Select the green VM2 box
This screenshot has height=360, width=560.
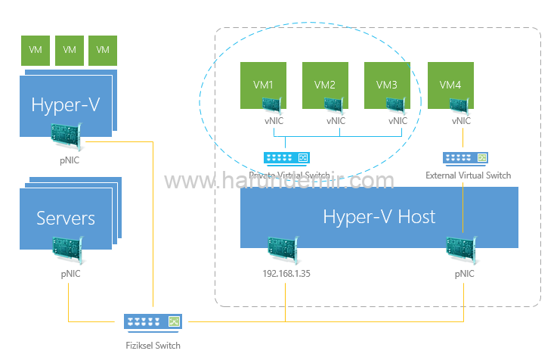click(x=325, y=83)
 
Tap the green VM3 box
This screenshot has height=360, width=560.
click(x=387, y=83)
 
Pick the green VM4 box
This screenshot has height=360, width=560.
click(x=450, y=83)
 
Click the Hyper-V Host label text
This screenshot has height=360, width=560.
click(x=379, y=217)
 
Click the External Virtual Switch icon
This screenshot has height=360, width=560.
click(x=464, y=158)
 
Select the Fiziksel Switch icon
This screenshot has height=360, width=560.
click(x=153, y=322)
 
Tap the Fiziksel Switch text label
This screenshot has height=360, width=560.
click(x=153, y=345)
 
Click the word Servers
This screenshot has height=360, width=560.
click(x=66, y=219)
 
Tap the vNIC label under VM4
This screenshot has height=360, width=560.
click(x=461, y=121)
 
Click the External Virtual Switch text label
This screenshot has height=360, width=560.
click(x=469, y=175)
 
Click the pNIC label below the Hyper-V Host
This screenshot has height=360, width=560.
click(x=465, y=275)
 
